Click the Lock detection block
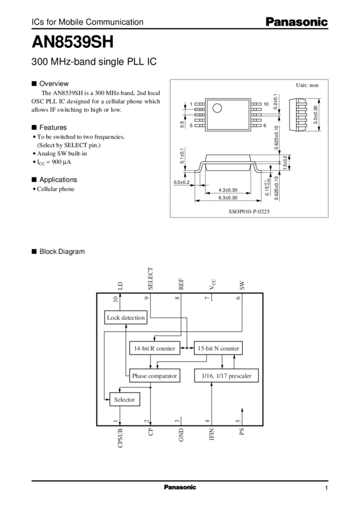pyautogui.click(x=125, y=318)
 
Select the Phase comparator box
pyautogui.click(x=155, y=376)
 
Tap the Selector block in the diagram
pyautogui.click(x=124, y=399)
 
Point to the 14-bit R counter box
pyautogui.click(x=154, y=347)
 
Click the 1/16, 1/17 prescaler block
pyautogui.click(x=222, y=376)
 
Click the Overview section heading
pyautogui.click(x=54, y=83)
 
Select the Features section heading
pyautogui.click(x=53, y=127)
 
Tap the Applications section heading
pyautogui.click(x=58, y=179)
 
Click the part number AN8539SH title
pyautogui.click(x=72, y=43)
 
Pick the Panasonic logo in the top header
pyautogui.click(x=297, y=23)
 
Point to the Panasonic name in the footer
pyautogui.click(x=179, y=487)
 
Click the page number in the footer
pyautogui.click(x=327, y=488)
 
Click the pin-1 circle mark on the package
pyautogui.click(x=219, y=108)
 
